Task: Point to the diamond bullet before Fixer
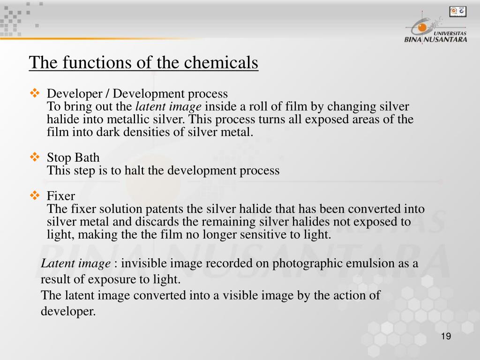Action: tap(35, 195)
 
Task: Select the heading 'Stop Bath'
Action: tap(73, 157)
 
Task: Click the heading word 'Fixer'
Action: tap(61, 196)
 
